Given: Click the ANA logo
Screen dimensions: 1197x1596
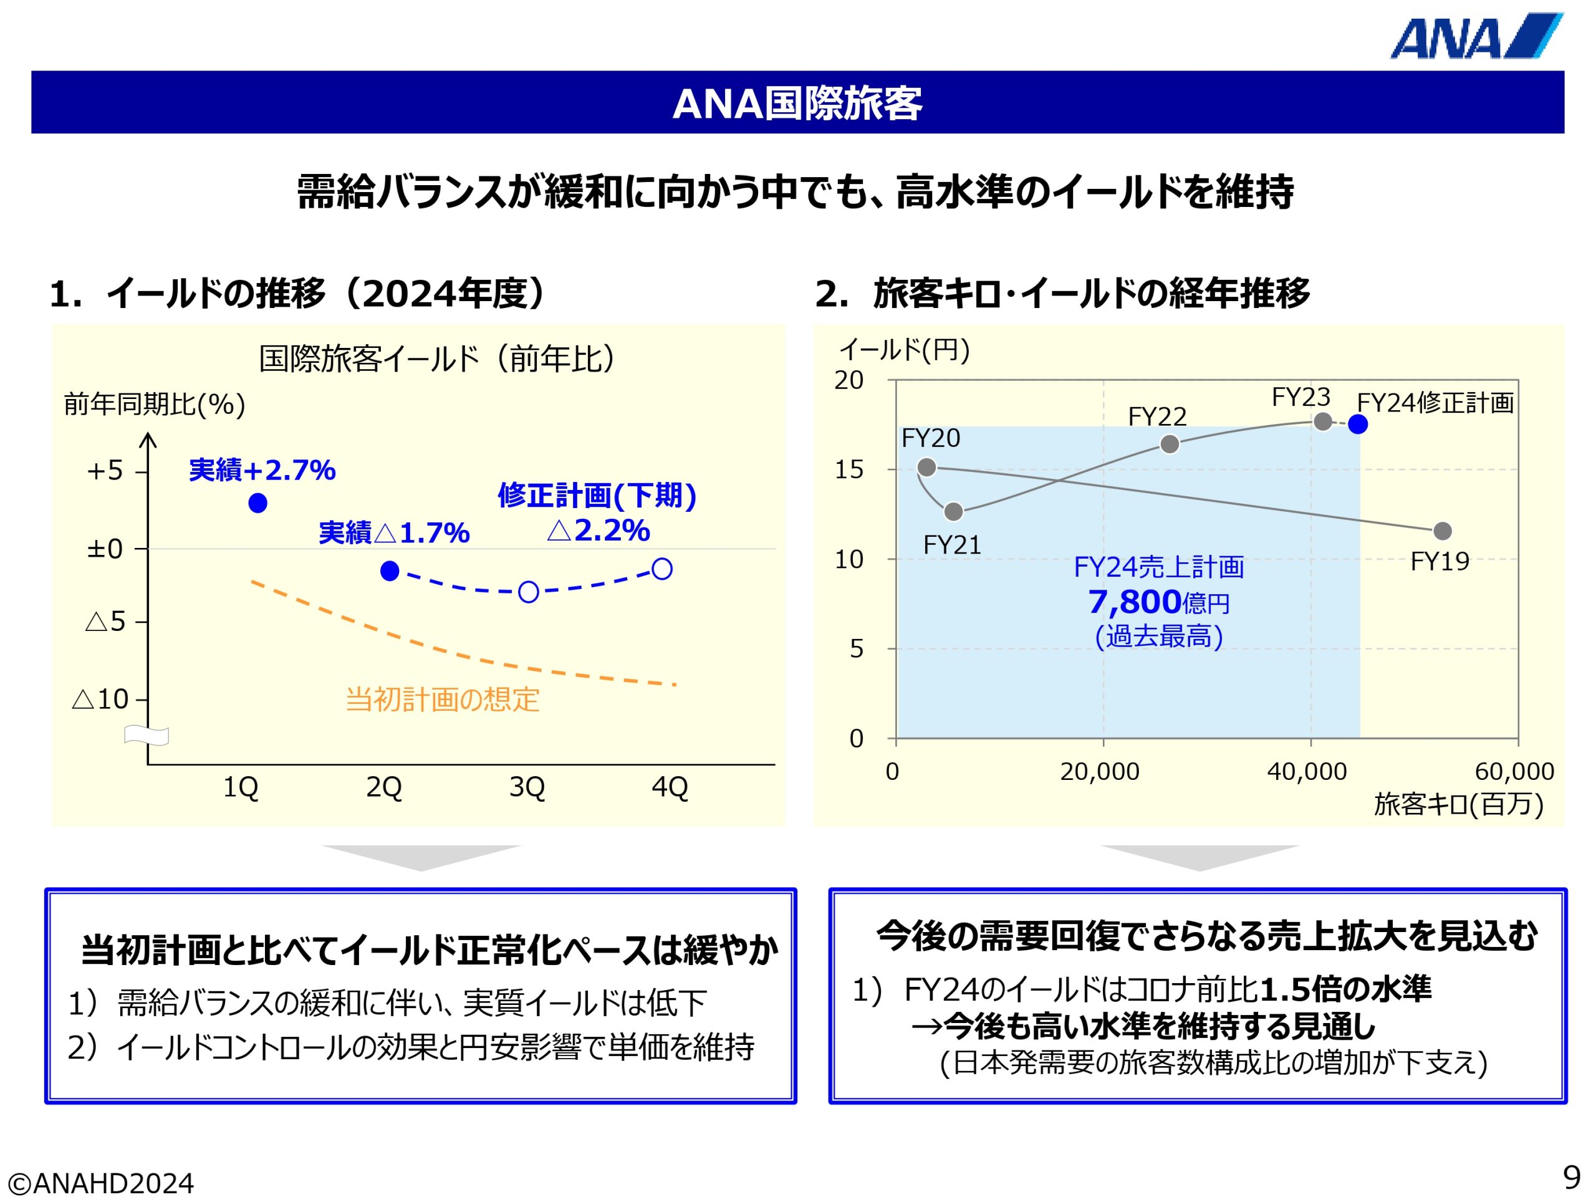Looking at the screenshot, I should [x=1475, y=36].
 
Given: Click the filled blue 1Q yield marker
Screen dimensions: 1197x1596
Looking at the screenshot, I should [x=257, y=503].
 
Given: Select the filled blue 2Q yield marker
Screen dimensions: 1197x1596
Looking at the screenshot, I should [x=390, y=570].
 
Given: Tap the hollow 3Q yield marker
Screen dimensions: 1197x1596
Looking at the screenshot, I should [x=528, y=592].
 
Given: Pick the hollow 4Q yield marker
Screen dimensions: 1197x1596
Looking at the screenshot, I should [x=661, y=569].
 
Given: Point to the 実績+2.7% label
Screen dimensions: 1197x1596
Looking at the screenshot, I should [x=262, y=471].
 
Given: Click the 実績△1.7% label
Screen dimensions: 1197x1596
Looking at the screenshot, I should [x=394, y=533].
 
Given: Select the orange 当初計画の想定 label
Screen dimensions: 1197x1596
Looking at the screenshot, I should [x=442, y=699].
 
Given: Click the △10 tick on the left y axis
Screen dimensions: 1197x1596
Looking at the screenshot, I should [x=101, y=699].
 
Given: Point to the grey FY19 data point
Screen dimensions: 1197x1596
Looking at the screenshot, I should [x=1442, y=531].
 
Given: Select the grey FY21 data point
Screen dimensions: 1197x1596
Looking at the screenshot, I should [x=953, y=512].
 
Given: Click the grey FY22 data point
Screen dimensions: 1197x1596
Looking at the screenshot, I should [x=1170, y=444].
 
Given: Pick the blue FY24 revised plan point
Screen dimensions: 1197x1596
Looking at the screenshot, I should [x=1358, y=425].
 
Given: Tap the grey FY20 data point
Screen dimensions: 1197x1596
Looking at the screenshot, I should [x=926, y=468].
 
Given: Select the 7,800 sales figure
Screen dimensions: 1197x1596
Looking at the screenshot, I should [x=1133, y=602].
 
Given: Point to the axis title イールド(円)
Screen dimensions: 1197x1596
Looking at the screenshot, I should [x=904, y=350].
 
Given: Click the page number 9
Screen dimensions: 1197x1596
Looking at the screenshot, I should [x=1572, y=1178].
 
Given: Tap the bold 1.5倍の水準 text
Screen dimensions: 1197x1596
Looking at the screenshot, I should [x=1345, y=989].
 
